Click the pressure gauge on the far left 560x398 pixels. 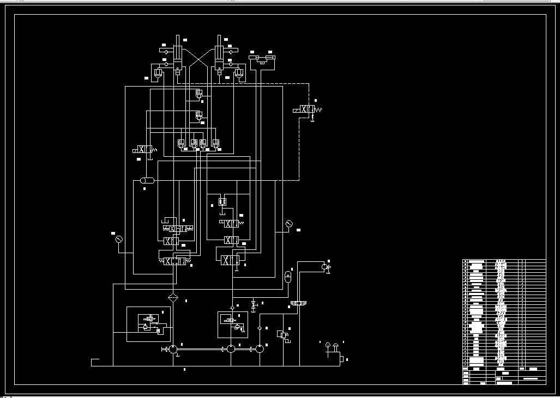pyautogui.click(x=119, y=238)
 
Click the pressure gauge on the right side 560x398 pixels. pyautogui.click(x=289, y=223)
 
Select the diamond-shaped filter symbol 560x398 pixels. pyautogui.click(x=173, y=297)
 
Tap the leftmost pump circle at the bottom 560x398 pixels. pyautogui.click(x=172, y=349)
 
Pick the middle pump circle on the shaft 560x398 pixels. pyautogui.click(x=231, y=348)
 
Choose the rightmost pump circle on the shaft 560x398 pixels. pyautogui.click(x=260, y=348)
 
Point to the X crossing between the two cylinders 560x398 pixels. pyautogui.click(x=198, y=59)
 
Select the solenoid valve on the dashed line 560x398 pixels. pyautogui.click(x=308, y=109)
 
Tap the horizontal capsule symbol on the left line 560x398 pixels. pyautogui.click(x=147, y=180)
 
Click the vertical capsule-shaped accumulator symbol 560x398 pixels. pyautogui.click(x=288, y=275)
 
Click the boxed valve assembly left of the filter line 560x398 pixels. pyautogui.click(x=149, y=324)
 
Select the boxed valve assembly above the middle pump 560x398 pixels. pyautogui.click(x=233, y=324)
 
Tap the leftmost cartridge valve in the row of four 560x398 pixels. pyautogui.click(x=181, y=144)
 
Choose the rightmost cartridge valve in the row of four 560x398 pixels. pyautogui.click(x=216, y=144)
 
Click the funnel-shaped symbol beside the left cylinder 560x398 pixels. pyautogui.click(x=158, y=72)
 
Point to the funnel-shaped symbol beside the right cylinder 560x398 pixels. pyautogui.click(x=238, y=72)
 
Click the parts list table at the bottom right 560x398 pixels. pyautogui.click(x=504, y=321)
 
